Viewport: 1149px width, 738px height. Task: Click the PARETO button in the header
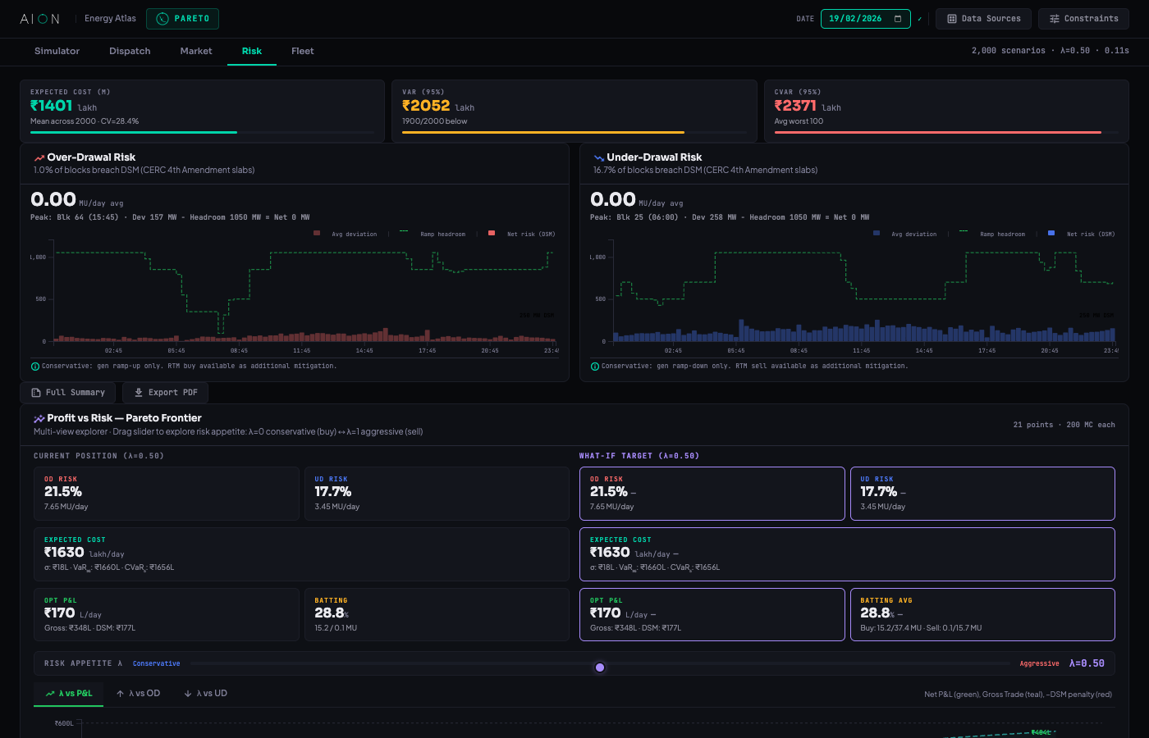click(x=182, y=18)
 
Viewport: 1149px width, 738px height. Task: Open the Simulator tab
click(x=57, y=51)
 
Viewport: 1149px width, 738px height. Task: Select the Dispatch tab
click(x=130, y=51)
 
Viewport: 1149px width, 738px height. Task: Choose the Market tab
click(x=196, y=51)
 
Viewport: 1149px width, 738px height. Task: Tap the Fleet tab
click(x=302, y=51)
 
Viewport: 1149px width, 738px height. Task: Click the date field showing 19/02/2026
click(x=865, y=18)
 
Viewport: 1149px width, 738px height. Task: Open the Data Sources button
click(x=983, y=18)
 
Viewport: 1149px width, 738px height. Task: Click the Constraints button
click(x=1083, y=18)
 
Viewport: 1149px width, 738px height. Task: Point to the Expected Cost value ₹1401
click(x=52, y=106)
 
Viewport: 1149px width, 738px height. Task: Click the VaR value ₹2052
click(x=426, y=106)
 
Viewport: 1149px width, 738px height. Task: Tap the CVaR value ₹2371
click(x=795, y=106)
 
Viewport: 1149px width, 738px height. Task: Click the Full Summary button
click(x=68, y=393)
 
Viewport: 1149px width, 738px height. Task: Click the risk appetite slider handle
click(x=600, y=667)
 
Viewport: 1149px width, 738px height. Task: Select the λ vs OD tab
click(x=138, y=694)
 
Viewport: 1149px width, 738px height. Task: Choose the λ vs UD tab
click(x=205, y=694)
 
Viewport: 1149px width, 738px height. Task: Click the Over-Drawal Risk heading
click(x=91, y=157)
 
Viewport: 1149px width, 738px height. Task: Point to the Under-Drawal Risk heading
click(x=654, y=157)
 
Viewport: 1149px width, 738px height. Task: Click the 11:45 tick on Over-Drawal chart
click(x=302, y=351)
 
